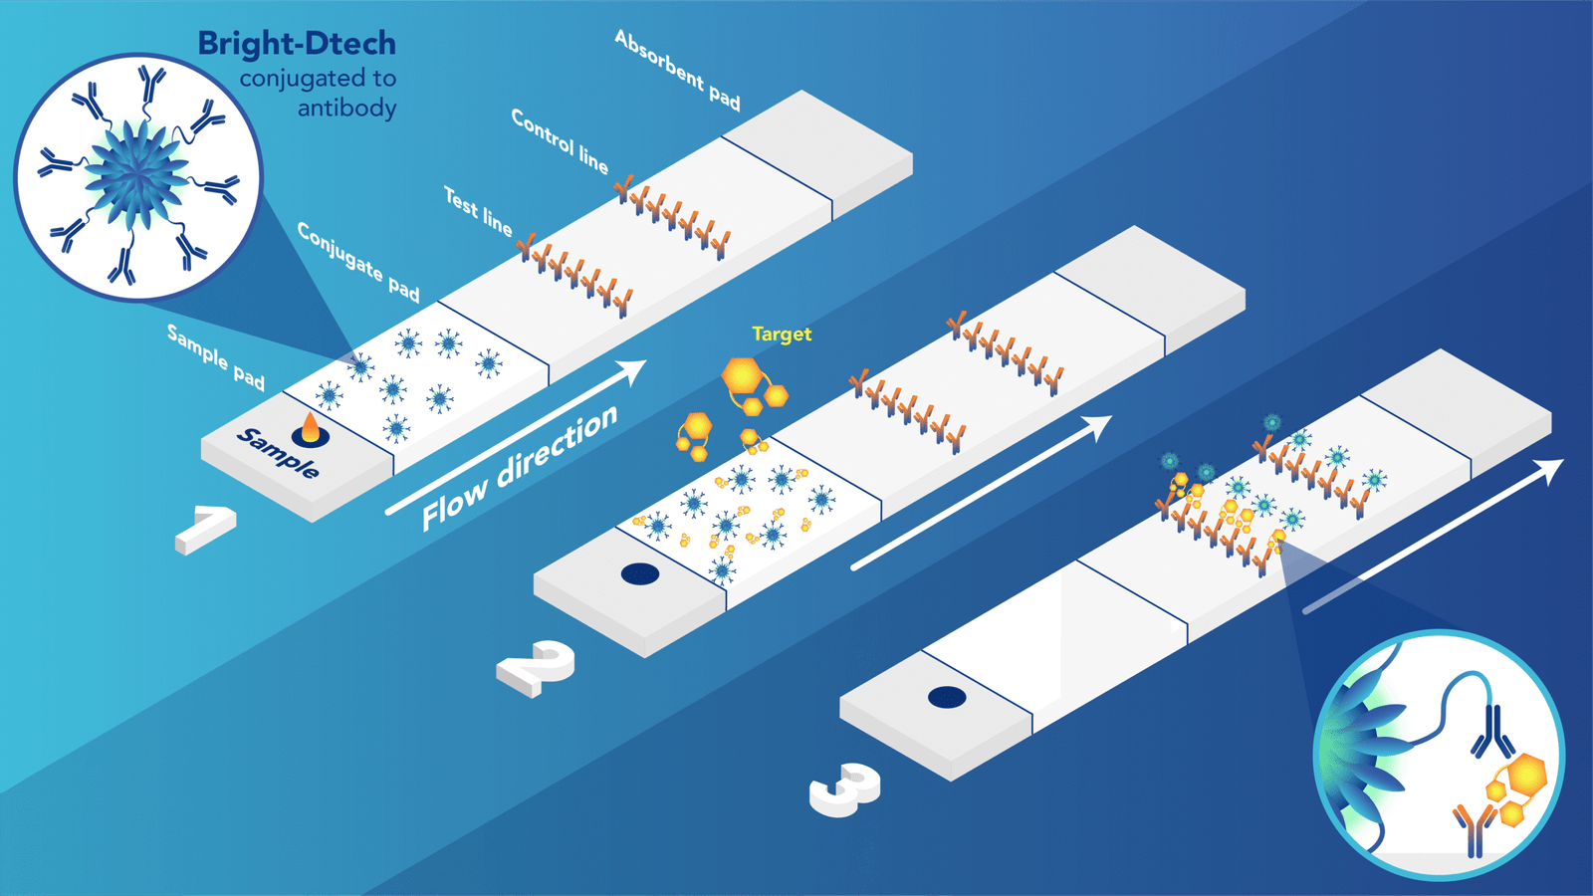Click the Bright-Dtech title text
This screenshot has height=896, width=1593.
297,44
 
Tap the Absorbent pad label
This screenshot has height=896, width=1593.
677,71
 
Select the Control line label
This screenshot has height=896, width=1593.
560,140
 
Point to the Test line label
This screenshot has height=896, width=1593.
478,212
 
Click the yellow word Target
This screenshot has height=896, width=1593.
782,335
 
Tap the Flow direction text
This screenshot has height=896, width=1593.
519,468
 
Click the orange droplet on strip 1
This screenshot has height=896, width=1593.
311,428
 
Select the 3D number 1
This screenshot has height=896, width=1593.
206,528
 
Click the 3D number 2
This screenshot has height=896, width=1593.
538,667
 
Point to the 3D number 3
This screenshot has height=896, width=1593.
846,788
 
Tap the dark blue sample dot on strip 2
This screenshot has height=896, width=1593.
639,574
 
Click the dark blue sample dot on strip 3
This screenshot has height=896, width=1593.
947,697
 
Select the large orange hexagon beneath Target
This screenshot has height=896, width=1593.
742,376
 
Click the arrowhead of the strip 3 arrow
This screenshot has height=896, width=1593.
1551,469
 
